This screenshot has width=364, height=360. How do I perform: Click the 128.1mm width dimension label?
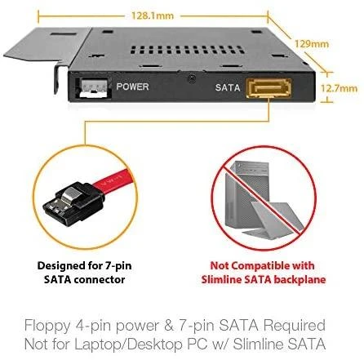[153, 16]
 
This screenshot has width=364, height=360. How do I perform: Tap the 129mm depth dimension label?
[312, 44]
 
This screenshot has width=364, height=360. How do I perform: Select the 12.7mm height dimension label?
[339, 88]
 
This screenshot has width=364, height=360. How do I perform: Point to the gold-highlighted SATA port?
[269, 88]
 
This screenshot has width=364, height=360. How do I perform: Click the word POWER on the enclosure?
[132, 87]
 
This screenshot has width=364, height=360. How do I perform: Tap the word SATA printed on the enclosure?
[228, 87]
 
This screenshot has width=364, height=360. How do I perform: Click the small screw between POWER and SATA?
[192, 78]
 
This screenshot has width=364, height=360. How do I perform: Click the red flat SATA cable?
[114, 181]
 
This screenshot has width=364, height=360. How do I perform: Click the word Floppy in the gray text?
[47, 327]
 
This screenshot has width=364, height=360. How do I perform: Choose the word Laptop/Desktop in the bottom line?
[129, 344]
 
